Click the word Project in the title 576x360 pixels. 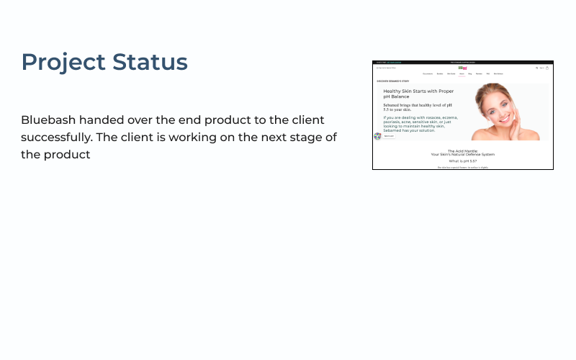click(63, 63)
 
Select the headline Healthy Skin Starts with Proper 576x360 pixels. click(418, 91)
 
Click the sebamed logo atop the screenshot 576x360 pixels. click(462, 68)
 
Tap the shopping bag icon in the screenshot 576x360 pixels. click(547, 68)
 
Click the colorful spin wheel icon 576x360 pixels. click(377, 136)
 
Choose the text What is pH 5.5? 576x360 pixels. click(462, 161)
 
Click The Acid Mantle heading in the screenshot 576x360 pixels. click(462, 151)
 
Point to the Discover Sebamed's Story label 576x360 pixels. click(393, 81)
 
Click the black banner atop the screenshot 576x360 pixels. click(462, 63)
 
